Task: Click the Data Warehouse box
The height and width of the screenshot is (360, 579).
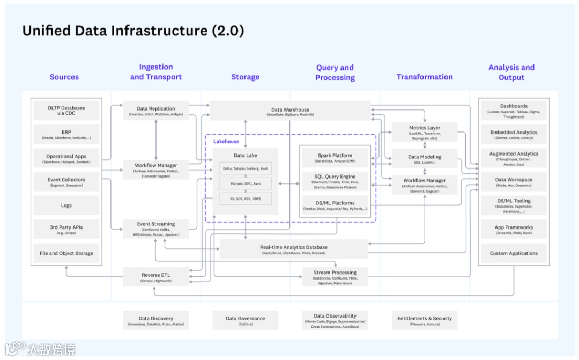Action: point(290,111)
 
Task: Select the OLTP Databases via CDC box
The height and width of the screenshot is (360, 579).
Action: point(66,111)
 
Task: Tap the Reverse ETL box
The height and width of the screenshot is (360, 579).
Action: point(155,277)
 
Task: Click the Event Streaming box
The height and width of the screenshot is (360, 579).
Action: point(155,229)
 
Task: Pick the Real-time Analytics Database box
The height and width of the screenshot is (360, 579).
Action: point(293,249)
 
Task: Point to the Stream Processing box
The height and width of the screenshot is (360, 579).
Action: point(335,277)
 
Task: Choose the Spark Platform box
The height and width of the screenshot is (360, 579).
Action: point(335,158)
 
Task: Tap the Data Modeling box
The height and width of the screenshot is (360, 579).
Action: point(424,159)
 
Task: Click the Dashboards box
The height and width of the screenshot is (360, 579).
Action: point(514,111)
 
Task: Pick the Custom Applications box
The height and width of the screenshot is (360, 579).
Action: point(514,253)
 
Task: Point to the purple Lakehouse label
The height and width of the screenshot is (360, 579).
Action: point(226,142)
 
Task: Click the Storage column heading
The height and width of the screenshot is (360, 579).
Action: point(245,77)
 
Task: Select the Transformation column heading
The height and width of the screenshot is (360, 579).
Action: point(424,77)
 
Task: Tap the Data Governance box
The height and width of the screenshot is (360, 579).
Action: point(245,320)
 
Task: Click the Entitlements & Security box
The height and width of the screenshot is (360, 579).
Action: point(424,320)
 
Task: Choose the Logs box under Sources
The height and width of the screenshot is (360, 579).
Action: point(66,205)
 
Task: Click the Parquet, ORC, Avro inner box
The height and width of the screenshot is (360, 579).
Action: point(245,183)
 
